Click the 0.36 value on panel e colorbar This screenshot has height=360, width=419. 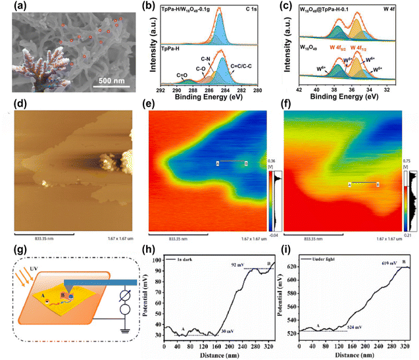tap(274, 161)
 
